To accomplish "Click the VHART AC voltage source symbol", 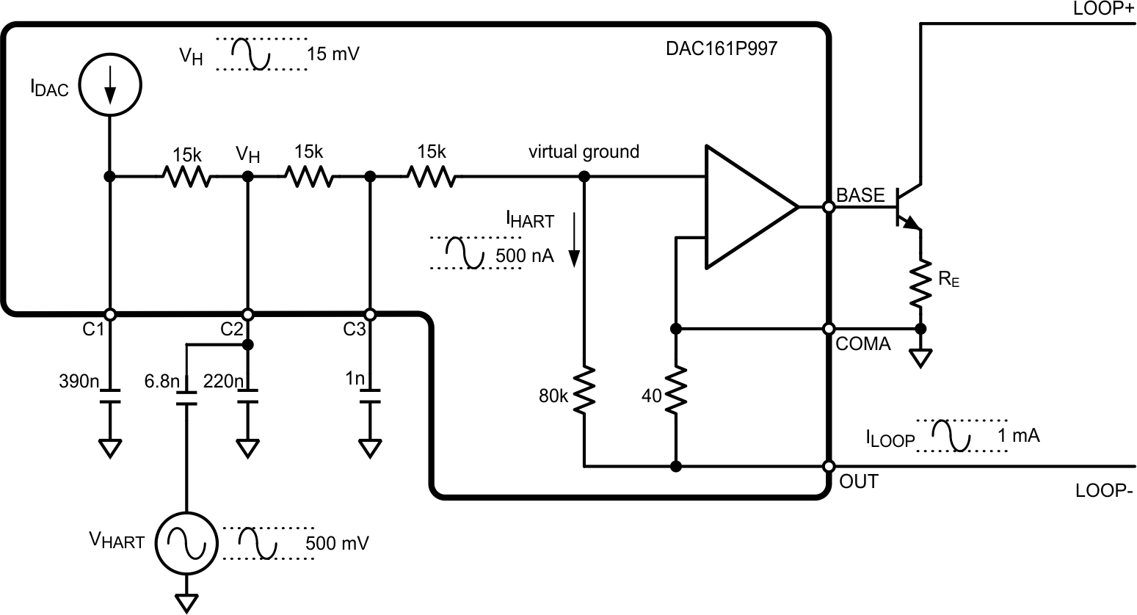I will click(x=187, y=542).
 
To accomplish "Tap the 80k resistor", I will click(x=584, y=389).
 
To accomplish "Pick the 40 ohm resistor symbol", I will click(x=676, y=389).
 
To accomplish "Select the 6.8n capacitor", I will click(x=187, y=399).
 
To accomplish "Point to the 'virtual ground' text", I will click(x=584, y=152).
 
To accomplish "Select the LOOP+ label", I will click(x=1103, y=9).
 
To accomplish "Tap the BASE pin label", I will click(x=860, y=194).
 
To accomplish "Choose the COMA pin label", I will click(x=863, y=343).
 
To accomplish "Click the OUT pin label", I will click(x=858, y=482).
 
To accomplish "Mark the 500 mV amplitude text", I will click(x=337, y=544).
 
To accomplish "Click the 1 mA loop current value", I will click(x=1018, y=435).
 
